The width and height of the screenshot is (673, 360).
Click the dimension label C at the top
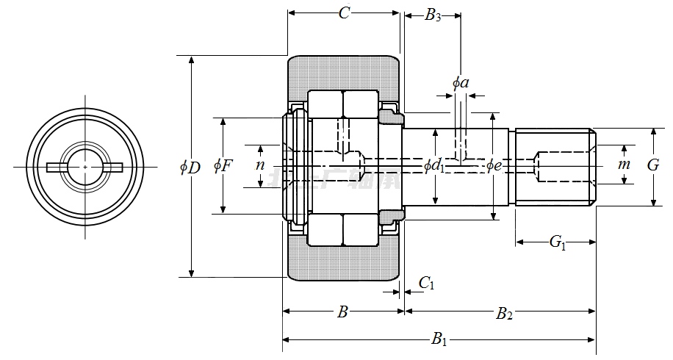coord(343,13)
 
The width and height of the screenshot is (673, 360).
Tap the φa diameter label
coord(461,82)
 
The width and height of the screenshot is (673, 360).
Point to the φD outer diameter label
coord(190,167)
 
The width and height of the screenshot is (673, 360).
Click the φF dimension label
coord(223,165)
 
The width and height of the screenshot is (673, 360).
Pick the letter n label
coord(259,165)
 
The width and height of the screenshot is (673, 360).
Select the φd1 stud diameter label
coord(435,167)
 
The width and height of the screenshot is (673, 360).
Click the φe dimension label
coord(494,166)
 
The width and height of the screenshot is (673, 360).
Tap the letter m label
coord(624,165)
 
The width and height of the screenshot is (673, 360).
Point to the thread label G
coord(653,165)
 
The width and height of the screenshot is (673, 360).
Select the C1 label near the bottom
coord(426,283)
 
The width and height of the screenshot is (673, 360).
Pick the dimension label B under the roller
coord(342,313)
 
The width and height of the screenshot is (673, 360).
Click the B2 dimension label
coord(504,314)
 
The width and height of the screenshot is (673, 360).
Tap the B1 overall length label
coord(439,339)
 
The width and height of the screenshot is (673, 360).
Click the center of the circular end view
coord(86,168)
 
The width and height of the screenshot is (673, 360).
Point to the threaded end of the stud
coord(555,168)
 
